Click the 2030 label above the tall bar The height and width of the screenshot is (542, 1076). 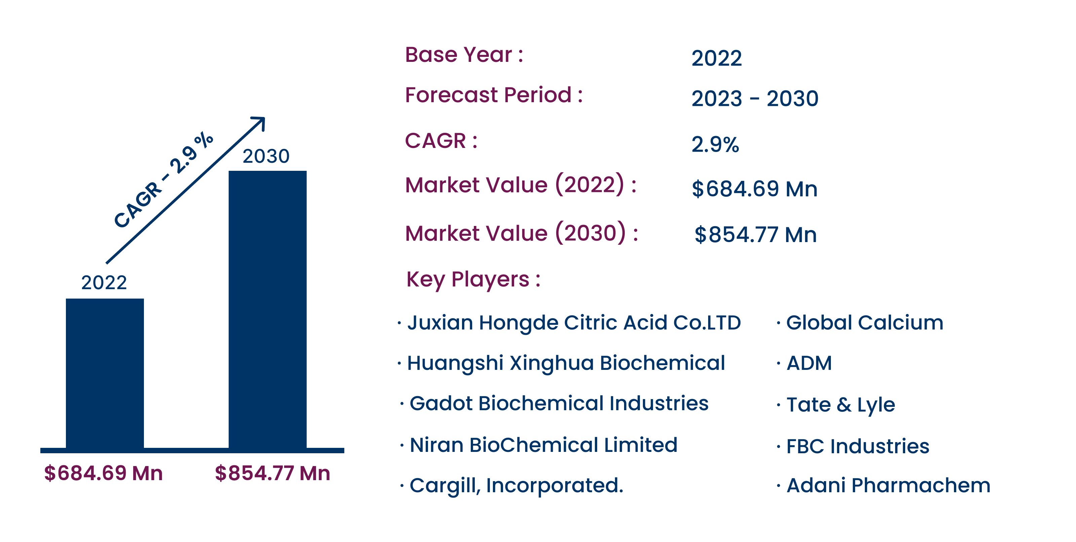coord(266,156)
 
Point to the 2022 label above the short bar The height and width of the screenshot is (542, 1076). coord(104,283)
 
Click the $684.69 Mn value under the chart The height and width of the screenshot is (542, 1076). coord(103,473)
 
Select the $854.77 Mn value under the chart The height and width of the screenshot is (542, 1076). coord(272,473)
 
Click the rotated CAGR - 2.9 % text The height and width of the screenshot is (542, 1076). coord(164,180)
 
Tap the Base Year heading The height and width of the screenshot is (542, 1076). coord(464,55)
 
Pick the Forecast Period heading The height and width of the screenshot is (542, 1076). coord(494,95)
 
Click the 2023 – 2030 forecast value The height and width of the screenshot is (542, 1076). coord(755,99)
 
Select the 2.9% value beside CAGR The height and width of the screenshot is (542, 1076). coord(715,145)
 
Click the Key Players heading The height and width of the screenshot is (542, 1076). coord(473,280)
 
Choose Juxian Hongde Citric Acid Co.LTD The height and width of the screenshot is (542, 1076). coord(574,323)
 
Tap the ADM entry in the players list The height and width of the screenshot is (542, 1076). coord(809,363)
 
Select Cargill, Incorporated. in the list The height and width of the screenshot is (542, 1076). coord(516,486)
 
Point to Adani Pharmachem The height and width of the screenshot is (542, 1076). coord(888,486)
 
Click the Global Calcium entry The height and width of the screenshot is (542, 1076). coord(864,323)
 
